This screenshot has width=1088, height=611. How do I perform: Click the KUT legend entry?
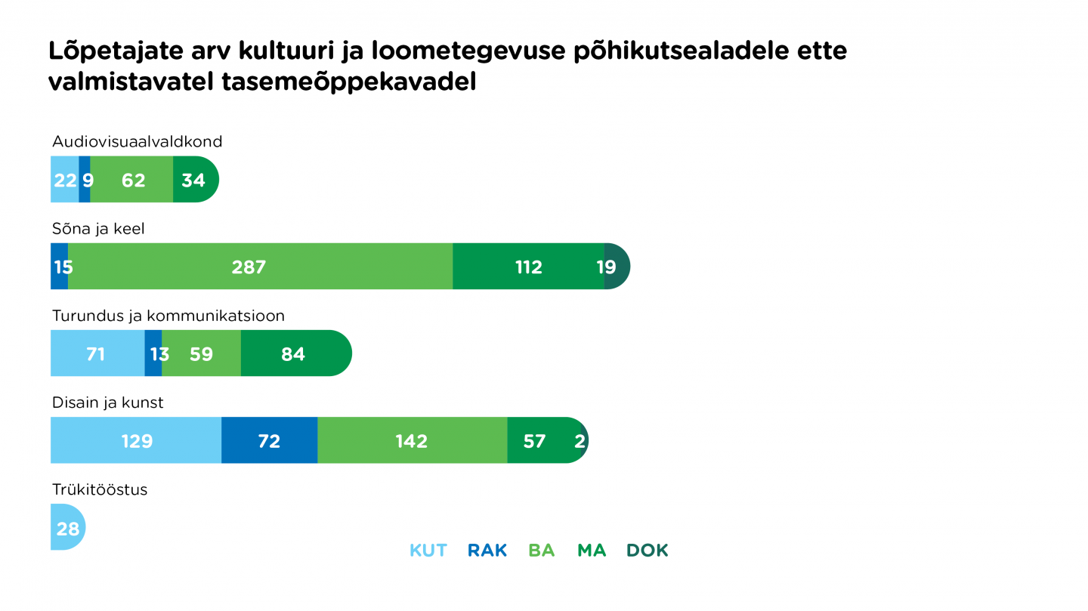428,551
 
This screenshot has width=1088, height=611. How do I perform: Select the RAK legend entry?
487,551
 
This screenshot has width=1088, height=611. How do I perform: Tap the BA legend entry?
542,551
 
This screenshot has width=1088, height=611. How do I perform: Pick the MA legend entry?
592,551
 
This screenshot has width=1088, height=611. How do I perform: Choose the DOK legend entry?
648,551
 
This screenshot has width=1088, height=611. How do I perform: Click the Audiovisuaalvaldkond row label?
137,141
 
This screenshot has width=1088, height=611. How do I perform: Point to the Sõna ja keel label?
98,229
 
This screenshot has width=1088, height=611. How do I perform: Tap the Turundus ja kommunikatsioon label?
168,316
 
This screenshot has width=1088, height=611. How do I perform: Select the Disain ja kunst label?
108,403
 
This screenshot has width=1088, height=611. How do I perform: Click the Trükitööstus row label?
100,489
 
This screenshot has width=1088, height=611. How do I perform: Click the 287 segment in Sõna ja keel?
249,267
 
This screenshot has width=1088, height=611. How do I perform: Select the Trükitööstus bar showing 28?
67,528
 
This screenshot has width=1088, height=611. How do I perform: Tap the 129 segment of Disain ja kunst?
137,440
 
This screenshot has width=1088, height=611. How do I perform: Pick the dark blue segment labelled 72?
269,440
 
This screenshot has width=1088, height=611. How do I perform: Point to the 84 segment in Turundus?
293,353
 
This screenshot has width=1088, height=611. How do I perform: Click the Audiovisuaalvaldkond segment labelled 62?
133,180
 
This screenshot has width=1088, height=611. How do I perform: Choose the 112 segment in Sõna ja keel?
528,267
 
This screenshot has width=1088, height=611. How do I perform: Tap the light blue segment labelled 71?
96,353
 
